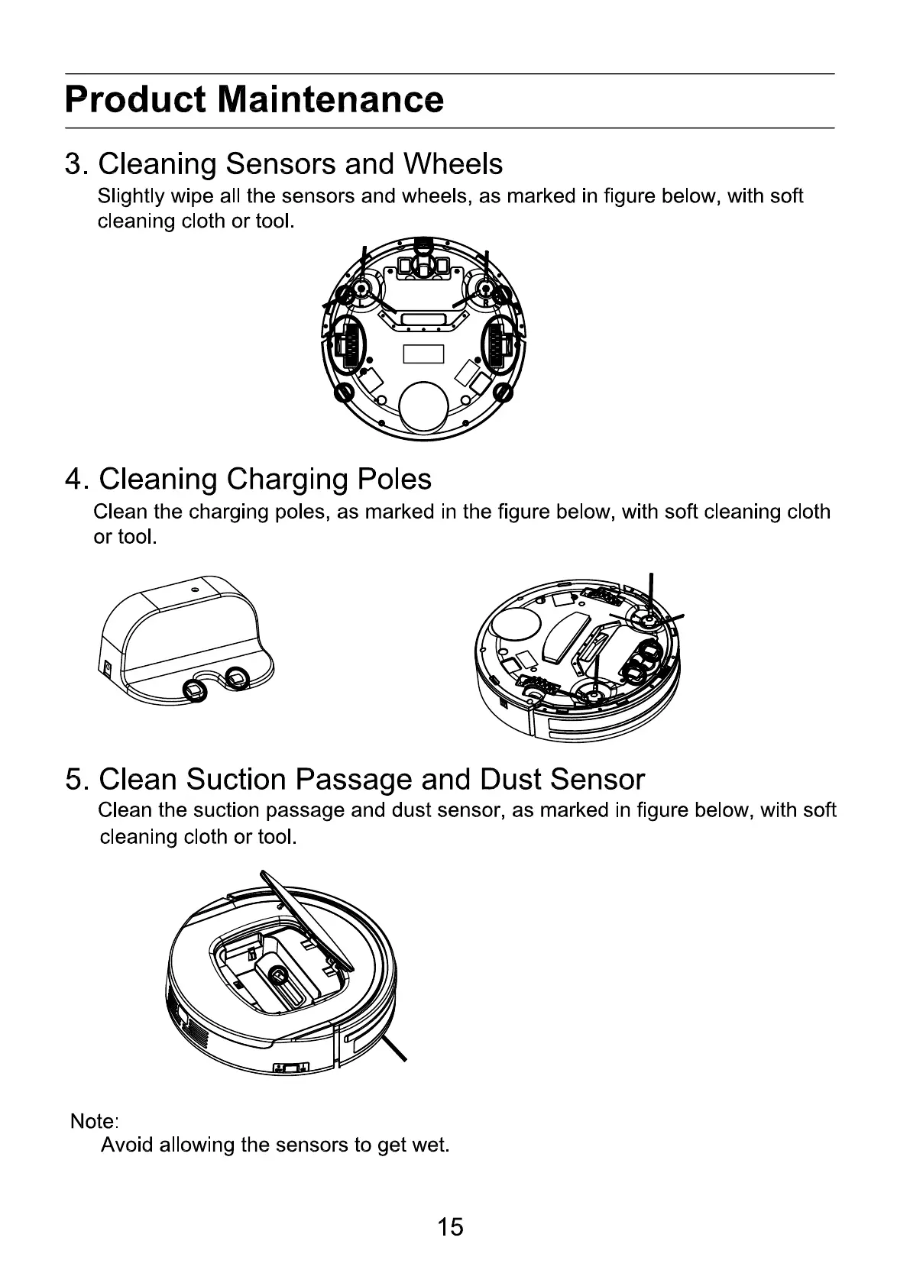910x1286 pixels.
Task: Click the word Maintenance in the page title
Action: click(330, 100)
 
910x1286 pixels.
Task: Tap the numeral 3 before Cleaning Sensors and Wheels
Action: click(73, 164)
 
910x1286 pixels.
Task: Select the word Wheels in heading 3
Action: click(453, 164)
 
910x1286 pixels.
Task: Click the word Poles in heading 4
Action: click(393, 479)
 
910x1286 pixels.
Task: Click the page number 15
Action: click(450, 1226)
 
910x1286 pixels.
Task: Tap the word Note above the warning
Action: click(92, 1121)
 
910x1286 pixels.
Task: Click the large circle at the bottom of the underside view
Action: click(423, 406)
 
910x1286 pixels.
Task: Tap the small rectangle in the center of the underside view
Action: click(423, 354)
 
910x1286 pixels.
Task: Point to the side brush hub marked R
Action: click(484, 287)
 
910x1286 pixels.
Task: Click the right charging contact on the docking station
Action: click(238, 676)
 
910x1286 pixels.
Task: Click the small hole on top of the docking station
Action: click(195, 590)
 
